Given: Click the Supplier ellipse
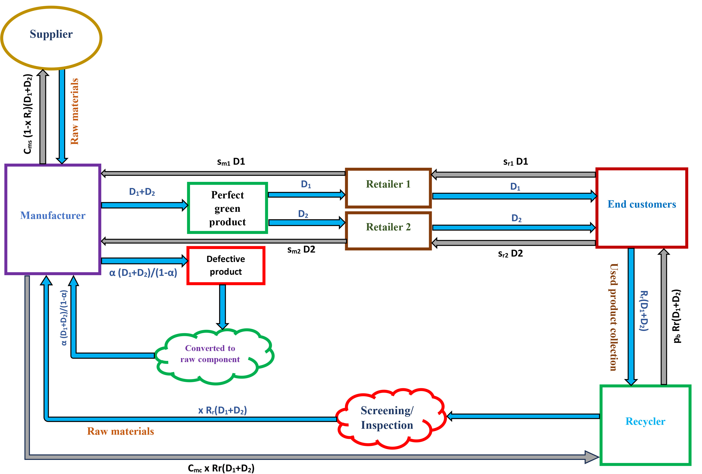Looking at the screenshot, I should click(51, 38).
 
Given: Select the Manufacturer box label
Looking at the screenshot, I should click(53, 216).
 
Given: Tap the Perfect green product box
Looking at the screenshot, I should click(227, 208).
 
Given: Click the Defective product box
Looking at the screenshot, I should click(226, 265).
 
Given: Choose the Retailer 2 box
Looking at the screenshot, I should click(388, 230).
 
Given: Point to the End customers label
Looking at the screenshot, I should click(642, 204).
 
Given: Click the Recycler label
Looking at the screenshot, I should click(645, 421).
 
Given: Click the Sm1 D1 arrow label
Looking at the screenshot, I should click(231, 162).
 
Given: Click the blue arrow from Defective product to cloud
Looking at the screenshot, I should click(223, 306).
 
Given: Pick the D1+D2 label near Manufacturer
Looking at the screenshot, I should click(142, 192).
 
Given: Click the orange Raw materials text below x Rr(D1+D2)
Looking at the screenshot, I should click(120, 431).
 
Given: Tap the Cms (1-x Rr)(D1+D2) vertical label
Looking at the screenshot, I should click(28, 114).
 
